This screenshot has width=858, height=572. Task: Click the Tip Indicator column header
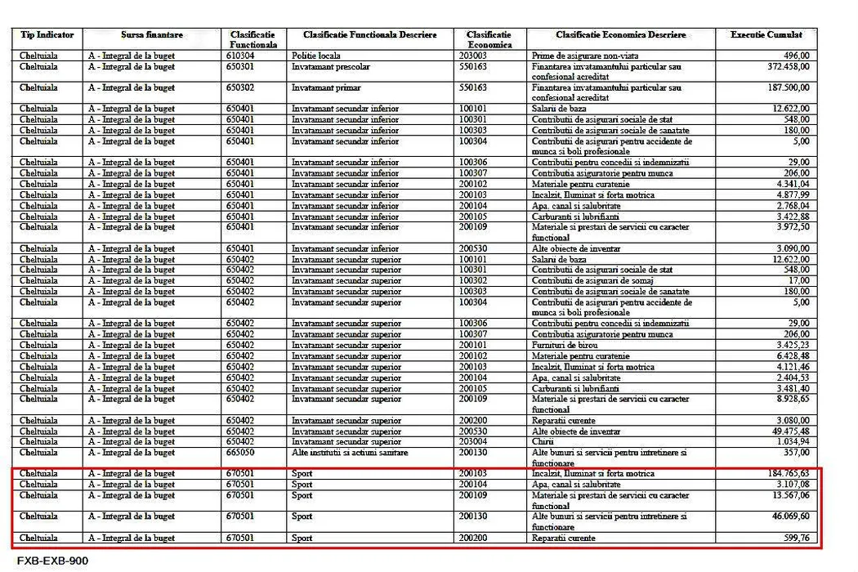47,35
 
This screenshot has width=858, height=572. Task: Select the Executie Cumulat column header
766,35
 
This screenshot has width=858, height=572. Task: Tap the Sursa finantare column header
152,35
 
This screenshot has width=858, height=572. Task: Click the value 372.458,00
782,66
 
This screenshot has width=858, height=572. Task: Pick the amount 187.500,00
782,87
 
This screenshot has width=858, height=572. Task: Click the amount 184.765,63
782,474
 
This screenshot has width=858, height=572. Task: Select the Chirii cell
544,442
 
